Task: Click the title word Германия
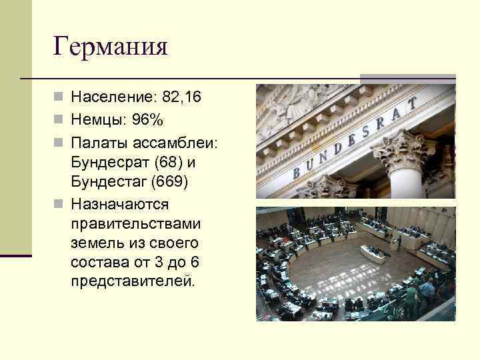pyautogui.click(x=111, y=47)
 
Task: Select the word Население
pyautogui.click(x=112, y=98)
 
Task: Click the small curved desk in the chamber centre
pyautogui.click(x=374, y=254)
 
